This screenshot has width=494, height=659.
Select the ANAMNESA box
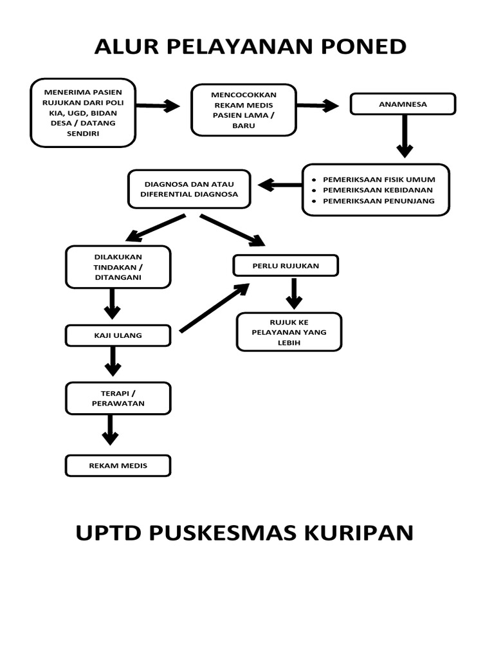(403, 104)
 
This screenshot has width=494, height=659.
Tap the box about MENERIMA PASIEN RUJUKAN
(83, 113)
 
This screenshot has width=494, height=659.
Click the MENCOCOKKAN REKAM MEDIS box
(244, 110)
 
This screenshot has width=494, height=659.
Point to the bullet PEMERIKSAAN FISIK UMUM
(380, 180)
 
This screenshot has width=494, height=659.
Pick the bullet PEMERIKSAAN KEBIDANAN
(378, 190)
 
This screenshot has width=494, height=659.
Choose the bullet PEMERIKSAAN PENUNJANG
(379, 201)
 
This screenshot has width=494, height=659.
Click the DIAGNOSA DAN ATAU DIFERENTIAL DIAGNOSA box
(189, 189)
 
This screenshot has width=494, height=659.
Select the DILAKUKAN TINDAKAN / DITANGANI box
(118, 267)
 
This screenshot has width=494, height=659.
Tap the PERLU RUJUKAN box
(286, 266)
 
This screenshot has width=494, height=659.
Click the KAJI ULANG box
(118, 335)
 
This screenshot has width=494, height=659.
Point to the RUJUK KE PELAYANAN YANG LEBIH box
(289, 332)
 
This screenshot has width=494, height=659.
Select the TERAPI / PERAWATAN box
(118, 398)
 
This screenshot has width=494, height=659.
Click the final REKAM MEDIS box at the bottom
(118, 466)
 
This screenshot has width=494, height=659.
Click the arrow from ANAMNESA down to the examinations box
(404, 136)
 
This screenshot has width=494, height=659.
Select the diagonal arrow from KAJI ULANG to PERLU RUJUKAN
(214, 309)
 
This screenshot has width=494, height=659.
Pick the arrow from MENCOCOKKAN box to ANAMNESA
(318, 106)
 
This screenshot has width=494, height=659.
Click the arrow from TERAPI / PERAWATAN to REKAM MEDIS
(110, 429)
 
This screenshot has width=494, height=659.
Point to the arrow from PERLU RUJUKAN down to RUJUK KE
(294, 293)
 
